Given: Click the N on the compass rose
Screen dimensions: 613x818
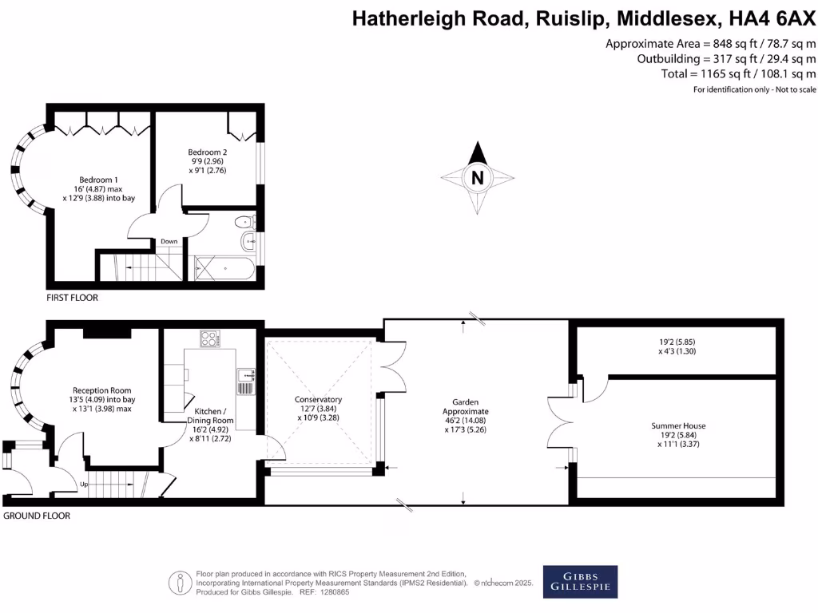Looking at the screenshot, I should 478,178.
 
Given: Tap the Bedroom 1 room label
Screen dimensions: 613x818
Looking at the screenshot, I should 99,180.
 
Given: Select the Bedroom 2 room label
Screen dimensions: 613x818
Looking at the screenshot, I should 208,152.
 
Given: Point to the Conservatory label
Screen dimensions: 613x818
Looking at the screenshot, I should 318,399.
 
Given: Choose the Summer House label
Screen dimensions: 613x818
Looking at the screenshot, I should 677,426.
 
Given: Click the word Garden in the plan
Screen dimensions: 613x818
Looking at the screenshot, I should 465,401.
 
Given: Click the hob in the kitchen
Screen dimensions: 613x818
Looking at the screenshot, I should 209,338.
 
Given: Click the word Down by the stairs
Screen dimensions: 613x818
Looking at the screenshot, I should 169,241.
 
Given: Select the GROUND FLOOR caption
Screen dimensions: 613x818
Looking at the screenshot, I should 37,516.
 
